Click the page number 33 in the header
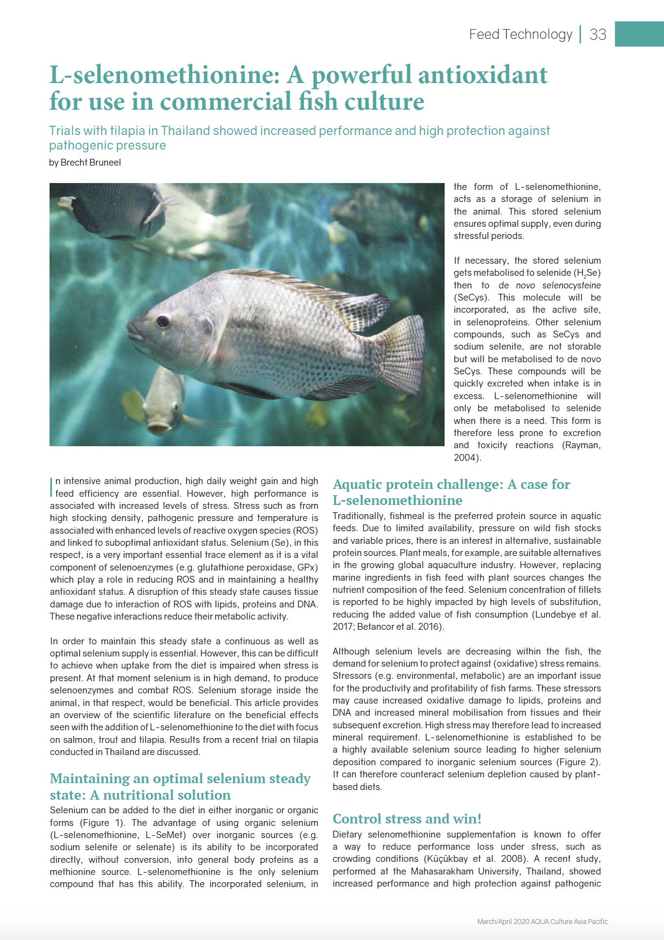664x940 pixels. (598, 34)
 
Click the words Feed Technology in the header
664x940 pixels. (520, 34)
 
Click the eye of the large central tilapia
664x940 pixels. (163, 321)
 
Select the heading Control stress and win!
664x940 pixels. (407, 819)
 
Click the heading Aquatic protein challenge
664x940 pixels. (451, 484)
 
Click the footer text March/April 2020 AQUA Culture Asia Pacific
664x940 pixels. (542, 921)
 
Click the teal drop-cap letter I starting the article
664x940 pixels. (51, 486)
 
